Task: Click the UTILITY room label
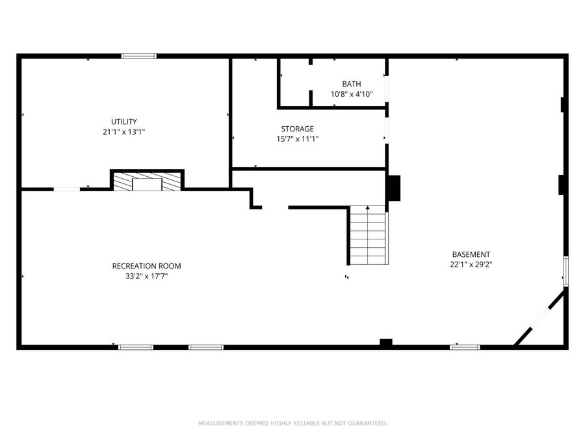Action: pyautogui.click(x=123, y=122)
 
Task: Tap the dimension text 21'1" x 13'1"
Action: pyautogui.click(x=123, y=131)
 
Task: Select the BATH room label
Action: pyautogui.click(x=352, y=84)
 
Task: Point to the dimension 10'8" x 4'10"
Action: pyautogui.click(x=352, y=94)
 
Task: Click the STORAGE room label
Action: pyautogui.click(x=297, y=129)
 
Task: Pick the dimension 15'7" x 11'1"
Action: pyautogui.click(x=297, y=139)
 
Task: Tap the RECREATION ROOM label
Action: pyautogui.click(x=146, y=266)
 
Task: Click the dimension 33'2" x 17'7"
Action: pyautogui.click(x=146, y=276)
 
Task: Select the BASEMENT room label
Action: pyautogui.click(x=471, y=254)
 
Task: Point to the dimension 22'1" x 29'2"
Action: pyautogui.click(x=471, y=265)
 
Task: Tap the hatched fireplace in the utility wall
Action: pyautogui.click(x=148, y=181)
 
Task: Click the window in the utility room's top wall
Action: pyautogui.click(x=139, y=57)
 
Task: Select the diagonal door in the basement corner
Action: pyautogui.click(x=540, y=318)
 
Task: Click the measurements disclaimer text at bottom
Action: pyautogui.click(x=292, y=423)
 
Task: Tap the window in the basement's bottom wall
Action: pyautogui.click(x=465, y=347)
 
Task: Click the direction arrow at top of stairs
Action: pyautogui.click(x=367, y=208)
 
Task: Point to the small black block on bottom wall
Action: pyautogui.click(x=386, y=343)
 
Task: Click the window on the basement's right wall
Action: pyautogui.click(x=565, y=271)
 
